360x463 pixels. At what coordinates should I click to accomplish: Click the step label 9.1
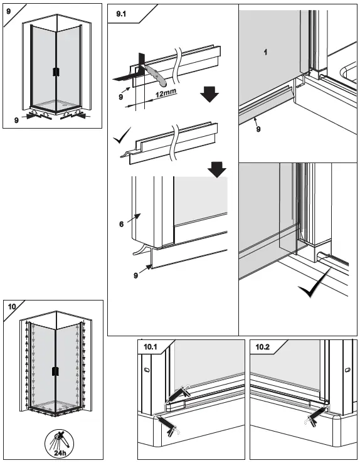[x=120, y=14]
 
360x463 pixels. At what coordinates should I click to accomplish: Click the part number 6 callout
[x=122, y=222]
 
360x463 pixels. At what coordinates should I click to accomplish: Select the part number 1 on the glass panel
[x=266, y=53]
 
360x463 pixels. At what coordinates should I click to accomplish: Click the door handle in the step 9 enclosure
[x=56, y=71]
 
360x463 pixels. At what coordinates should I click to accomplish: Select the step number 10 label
[x=13, y=307]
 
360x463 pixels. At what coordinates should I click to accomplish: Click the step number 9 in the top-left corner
[x=9, y=11]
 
